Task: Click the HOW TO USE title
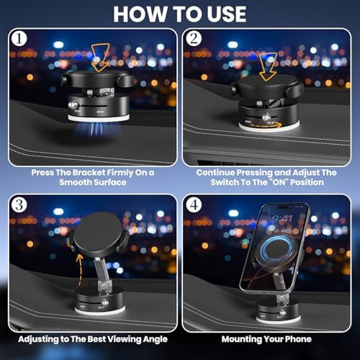pos(179,14)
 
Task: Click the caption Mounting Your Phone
pos(266,338)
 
